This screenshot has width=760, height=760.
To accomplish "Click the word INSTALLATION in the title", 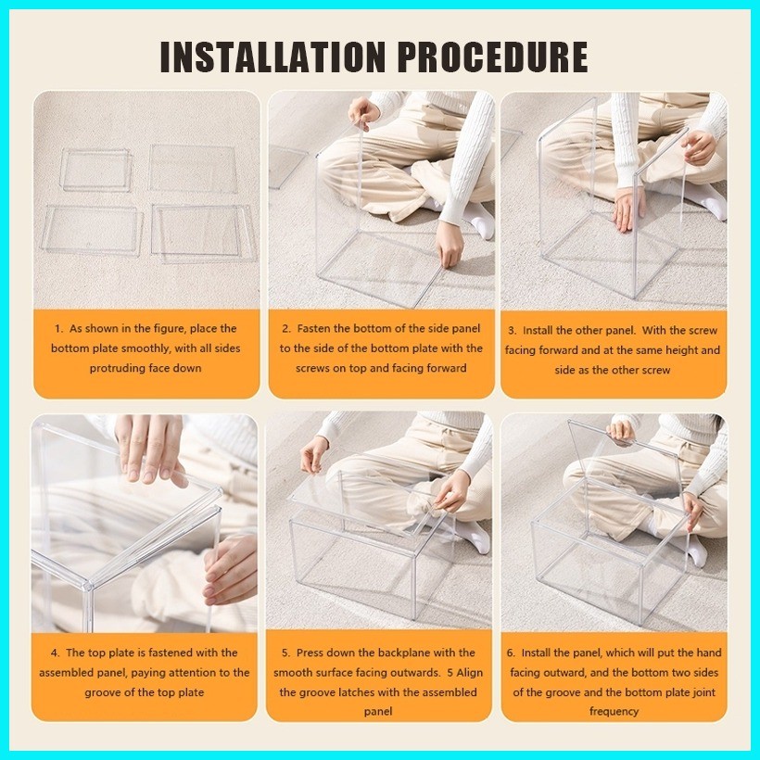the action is coord(272,57).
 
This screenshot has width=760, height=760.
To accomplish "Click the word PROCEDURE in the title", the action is coord(493,57).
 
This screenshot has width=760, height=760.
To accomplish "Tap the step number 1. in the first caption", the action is coord(58,329).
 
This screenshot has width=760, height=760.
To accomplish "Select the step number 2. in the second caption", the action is coord(286,329).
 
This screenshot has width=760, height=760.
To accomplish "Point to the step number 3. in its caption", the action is coord(513,331).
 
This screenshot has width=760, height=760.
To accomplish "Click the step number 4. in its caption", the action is coord(56,652).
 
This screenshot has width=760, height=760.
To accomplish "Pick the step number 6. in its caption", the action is coord(512,652).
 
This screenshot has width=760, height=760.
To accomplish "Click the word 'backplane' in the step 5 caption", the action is coord(400,653).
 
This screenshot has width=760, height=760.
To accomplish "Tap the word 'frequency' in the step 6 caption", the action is coord(614,712).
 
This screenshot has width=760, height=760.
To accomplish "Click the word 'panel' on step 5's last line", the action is coord(378,712).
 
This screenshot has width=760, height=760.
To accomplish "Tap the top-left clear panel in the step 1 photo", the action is coord(96,170).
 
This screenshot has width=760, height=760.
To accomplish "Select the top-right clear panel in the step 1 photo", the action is coord(194,168).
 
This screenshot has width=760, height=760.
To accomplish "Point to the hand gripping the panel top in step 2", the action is coord(362,113).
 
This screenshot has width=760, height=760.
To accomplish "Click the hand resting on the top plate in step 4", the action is coord(149,450).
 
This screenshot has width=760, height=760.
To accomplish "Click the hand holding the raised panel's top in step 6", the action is coord(621,431).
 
